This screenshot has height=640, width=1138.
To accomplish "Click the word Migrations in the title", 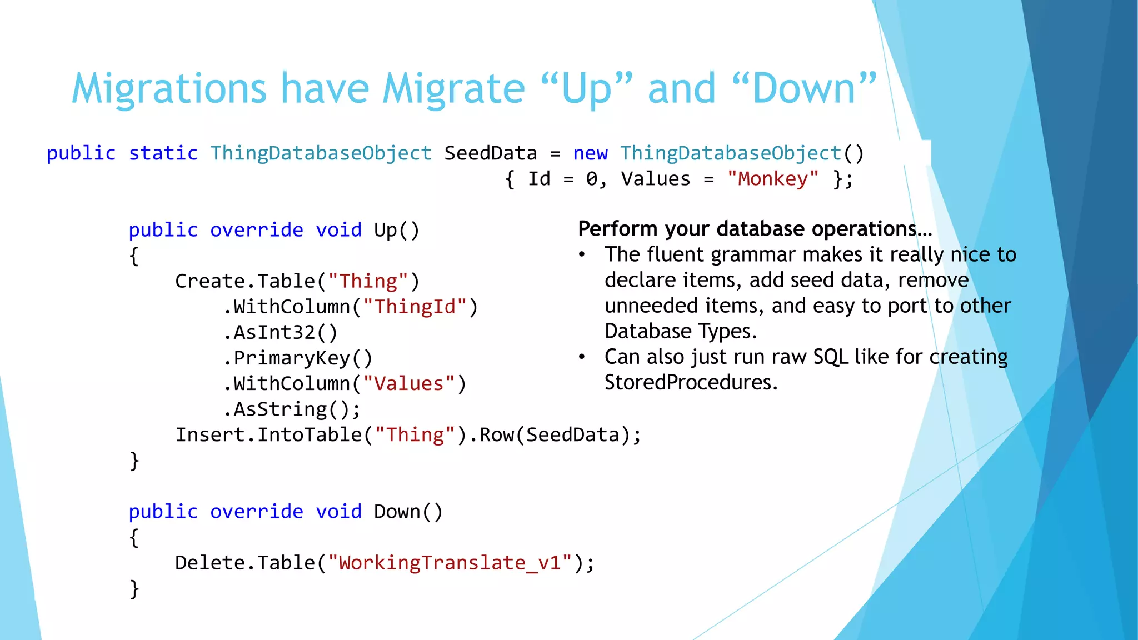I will (169, 89).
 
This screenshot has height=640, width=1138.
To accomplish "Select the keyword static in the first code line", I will (163, 153).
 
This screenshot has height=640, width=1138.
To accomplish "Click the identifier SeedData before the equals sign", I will (490, 153).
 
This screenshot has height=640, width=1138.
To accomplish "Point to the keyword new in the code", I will (590, 153).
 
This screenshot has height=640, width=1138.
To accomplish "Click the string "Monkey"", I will (772, 179).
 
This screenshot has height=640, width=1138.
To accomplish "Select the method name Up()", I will (396, 230).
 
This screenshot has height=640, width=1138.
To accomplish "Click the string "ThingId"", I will (415, 307).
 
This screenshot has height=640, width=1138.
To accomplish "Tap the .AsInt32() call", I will (280, 332).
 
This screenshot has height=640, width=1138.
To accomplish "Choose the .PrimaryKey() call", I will (298, 358).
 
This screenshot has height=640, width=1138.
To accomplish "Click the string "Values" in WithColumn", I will (408, 384).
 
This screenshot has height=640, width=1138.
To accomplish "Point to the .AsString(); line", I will (292, 409).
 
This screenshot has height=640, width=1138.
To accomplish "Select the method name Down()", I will (408, 512).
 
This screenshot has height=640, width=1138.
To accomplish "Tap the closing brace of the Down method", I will (134, 588).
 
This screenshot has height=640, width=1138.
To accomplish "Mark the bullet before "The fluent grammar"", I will (582, 255).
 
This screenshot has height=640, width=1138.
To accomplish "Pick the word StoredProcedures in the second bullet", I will (690, 382).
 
